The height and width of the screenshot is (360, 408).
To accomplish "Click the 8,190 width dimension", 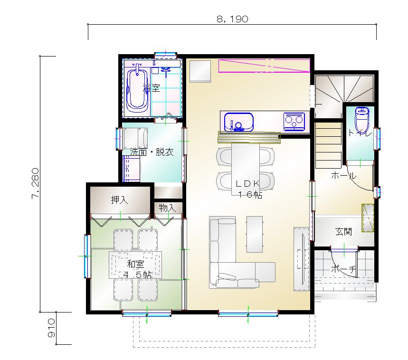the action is pos(232,19).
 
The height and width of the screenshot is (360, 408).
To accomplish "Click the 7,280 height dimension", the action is pos(36,184).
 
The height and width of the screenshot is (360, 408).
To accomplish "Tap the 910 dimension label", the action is pos(51,328).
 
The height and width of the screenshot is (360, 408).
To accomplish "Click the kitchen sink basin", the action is pos(238,122).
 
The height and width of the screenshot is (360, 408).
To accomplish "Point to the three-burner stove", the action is pos(294,121).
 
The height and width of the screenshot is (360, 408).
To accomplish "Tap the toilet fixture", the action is pos(361,120).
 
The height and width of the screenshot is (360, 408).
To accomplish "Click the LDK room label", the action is pos(248,184).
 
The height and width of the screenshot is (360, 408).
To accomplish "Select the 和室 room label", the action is pos(135,264).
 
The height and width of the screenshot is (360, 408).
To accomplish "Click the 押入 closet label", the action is pos(119,200).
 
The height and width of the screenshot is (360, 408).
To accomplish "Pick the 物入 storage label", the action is pos(167,208).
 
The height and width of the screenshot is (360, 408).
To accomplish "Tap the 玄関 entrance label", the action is pos(343,231).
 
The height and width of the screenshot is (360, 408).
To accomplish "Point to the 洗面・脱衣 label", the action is pos(152,152).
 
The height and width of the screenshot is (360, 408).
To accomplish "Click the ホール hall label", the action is pos(344,176).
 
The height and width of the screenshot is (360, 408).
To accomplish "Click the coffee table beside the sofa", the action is pos(255,234).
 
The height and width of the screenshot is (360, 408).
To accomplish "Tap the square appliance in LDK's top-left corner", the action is pos(200,71).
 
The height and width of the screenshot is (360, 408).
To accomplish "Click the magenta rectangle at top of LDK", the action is pos(264,66).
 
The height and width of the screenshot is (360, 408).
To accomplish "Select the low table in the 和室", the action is pos(135,265).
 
